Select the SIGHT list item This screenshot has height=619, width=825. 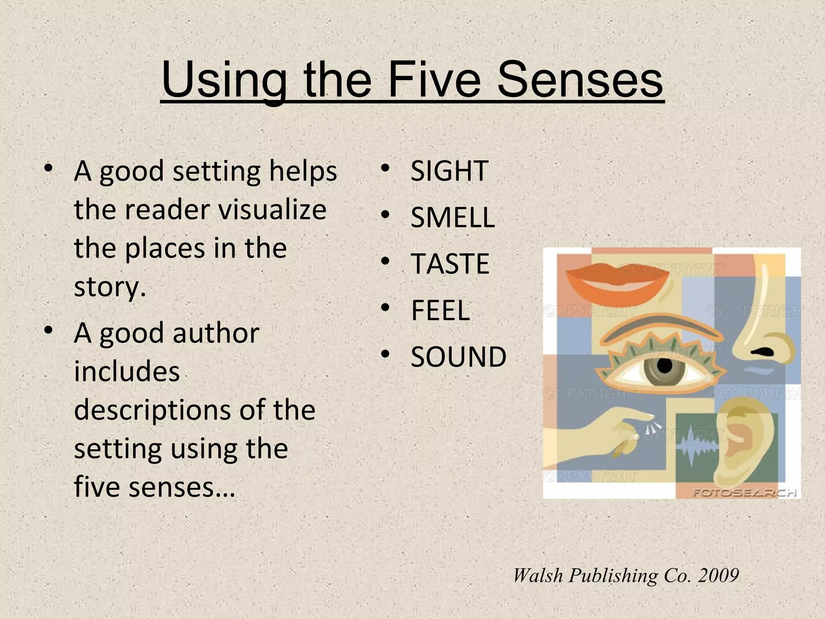tap(449, 171)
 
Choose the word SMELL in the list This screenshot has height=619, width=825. tap(452, 217)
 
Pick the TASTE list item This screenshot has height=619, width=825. tap(450, 264)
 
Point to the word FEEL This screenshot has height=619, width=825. tap(440, 310)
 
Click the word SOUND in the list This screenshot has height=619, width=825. tap(458, 357)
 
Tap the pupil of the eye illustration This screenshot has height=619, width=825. tap(664, 366)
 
